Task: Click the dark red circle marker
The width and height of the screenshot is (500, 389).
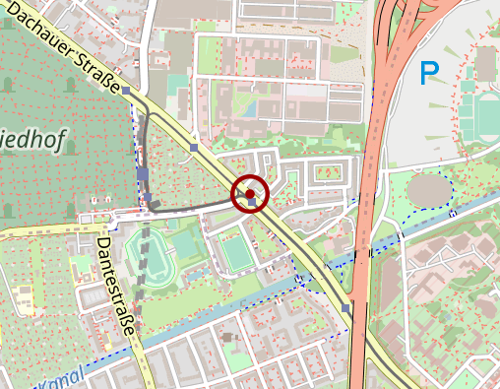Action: [250, 194]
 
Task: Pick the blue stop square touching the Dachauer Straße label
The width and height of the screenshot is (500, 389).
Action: [126, 88]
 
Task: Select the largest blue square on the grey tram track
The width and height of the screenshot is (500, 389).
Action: [144, 175]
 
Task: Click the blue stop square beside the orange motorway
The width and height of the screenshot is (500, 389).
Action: [346, 308]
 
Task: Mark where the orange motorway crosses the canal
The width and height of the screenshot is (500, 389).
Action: [360, 252]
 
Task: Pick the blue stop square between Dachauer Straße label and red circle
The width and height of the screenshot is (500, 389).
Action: [194, 148]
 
